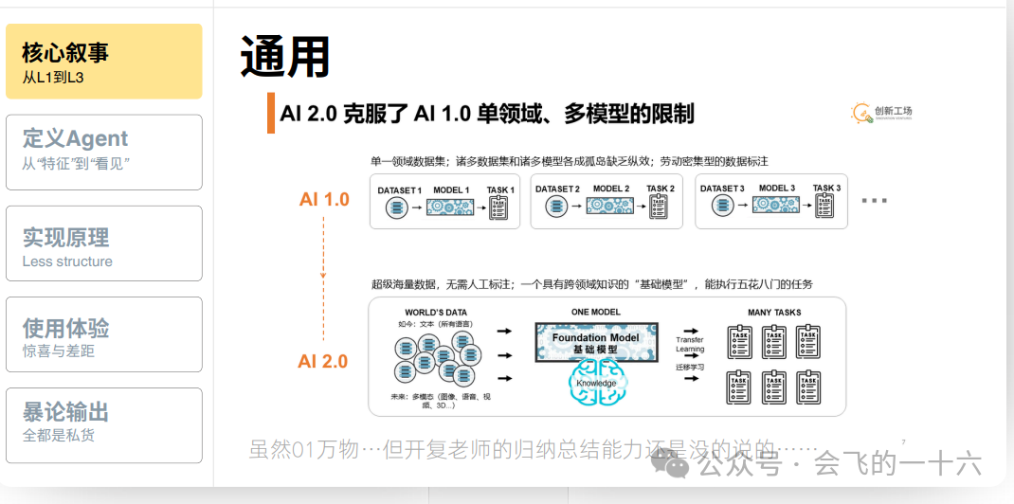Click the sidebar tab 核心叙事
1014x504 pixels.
(x=103, y=62)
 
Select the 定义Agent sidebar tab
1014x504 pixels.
(x=103, y=152)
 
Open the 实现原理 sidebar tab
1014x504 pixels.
(x=103, y=243)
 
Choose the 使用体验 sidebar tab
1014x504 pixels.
(x=103, y=334)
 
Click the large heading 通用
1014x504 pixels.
(x=284, y=57)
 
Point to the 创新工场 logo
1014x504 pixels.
(x=881, y=114)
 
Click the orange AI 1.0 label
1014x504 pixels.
(x=324, y=200)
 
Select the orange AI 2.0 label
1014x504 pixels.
(x=323, y=361)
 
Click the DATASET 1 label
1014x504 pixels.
(x=399, y=190)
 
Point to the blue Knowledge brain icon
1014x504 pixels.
(x=596, y=384)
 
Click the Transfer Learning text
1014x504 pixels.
(x=690, y=345)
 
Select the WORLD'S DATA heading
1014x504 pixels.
(x=435, y=312)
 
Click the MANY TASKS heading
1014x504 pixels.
(x=773, y=312)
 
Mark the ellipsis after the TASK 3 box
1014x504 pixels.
(x=874, y=201)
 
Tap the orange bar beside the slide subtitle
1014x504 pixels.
(x=271, y=114)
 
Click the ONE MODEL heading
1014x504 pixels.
(x=596, y=312)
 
